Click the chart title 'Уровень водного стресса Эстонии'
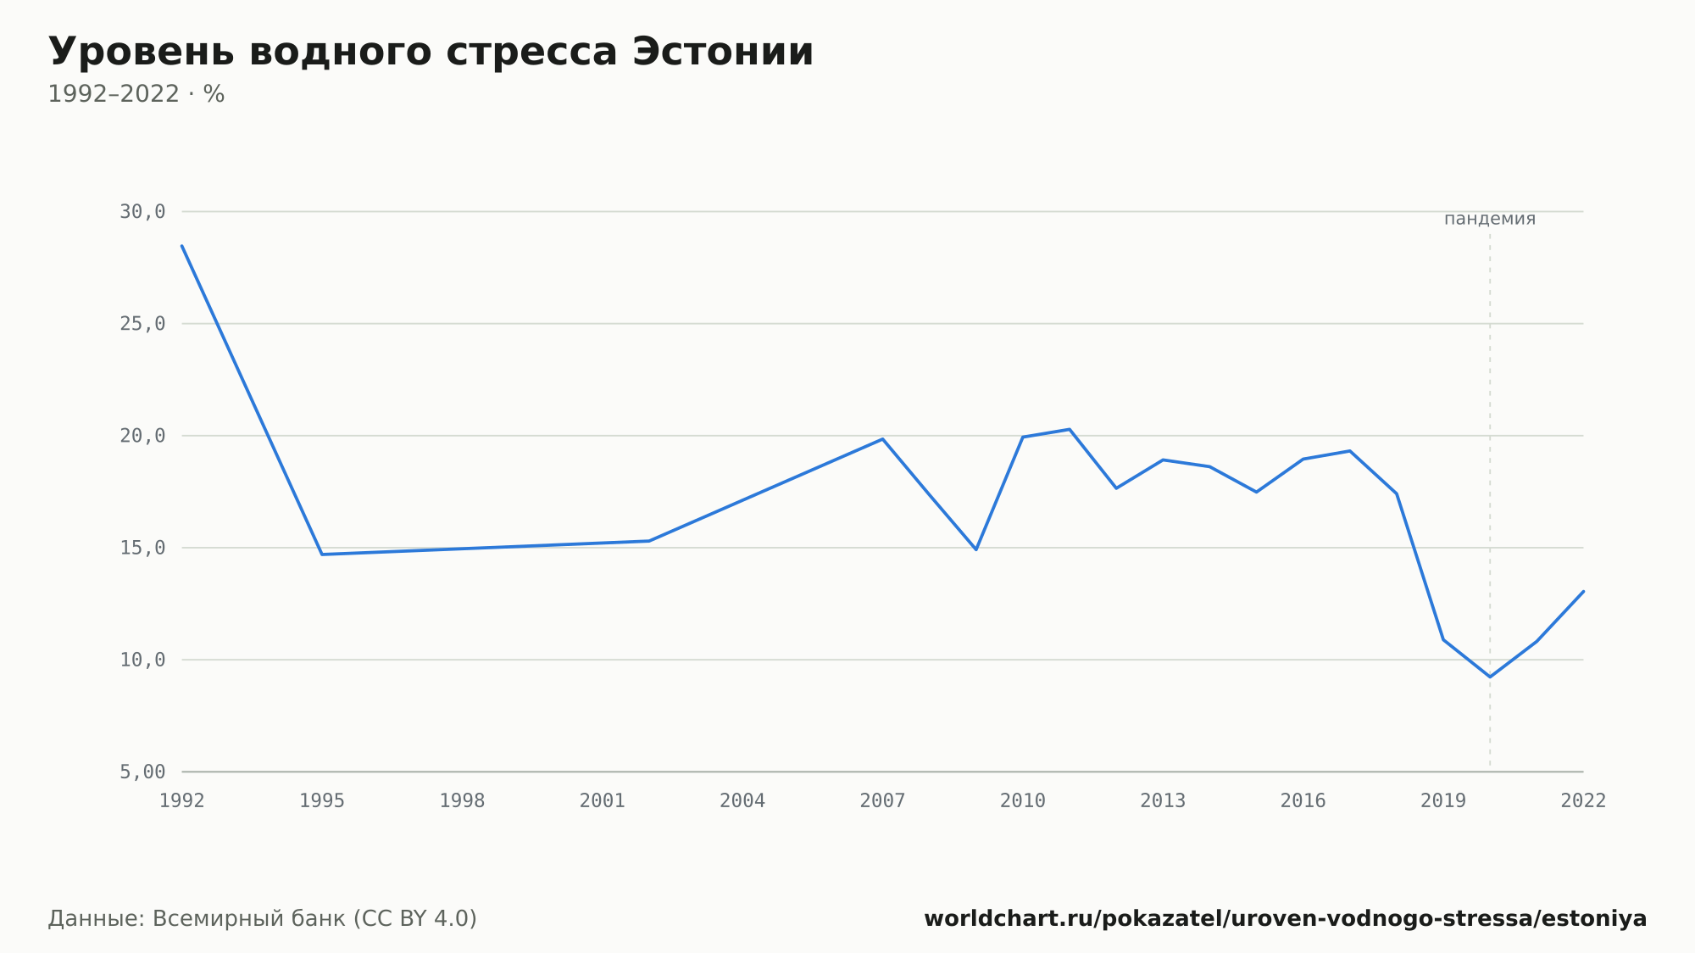click(x=431, y=53)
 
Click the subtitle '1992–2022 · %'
click(x=136, y=94)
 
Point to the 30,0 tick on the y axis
click(x=142, y=212)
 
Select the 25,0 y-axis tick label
click(x=142, y=324)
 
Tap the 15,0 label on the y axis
click(x=142, y=548)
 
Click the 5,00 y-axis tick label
click(x=142, y=772)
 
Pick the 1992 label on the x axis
click(x=182, y=801)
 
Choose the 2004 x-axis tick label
click(x=742, y=801)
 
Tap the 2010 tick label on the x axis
click(x=1023, y=801)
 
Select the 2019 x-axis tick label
click(x=1443, y=801)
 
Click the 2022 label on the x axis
click(x=1583, y=801)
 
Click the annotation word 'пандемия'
click(x=1490, y=219)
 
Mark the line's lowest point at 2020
click(x=1490, y=677)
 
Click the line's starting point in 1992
click(x=182, y=246)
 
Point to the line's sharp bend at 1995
click(x=322, y=555)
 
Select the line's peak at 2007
click(x=883, y=439)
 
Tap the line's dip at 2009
click(x=976, y=549)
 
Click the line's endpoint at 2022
click(x=1583, y=591)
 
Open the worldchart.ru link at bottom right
click(x=1285, y=919)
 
